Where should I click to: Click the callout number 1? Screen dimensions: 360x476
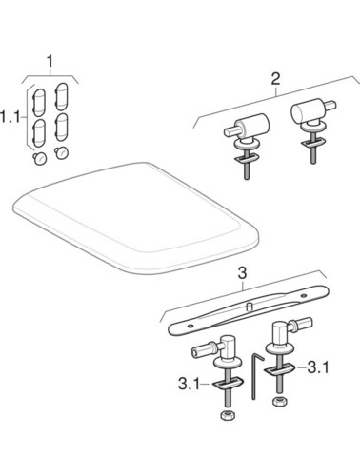click(x=50, y=62)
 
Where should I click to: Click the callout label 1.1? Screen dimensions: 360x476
click(x=9, y=117)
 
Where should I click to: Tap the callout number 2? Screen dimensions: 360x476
click(x=275, y=79)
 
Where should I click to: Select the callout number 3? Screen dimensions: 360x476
click(x=242, y=273)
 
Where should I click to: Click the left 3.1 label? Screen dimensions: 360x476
click(x=189, y=385)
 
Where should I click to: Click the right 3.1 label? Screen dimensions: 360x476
click(x=318, y=367)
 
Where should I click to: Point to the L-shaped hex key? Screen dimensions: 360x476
click(x=256, y=376)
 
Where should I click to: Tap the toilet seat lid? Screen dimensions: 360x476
click(x=136, y=217)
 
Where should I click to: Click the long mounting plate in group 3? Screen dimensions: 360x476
click(x=249, y=310)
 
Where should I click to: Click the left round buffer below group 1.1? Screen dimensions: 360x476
click(x=40, y=159)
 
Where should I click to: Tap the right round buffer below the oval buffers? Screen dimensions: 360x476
click(x=62, y=153)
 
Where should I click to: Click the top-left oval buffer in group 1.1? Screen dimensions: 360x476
click(x=39, y=102)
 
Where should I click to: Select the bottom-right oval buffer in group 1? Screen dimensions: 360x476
click(x=61, y=127)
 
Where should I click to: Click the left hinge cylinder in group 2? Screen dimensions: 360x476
click(x=252, y=127)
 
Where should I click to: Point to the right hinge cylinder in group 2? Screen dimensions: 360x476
click(x=308, y=113)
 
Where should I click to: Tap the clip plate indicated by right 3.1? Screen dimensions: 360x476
click(x=279, y=369)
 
